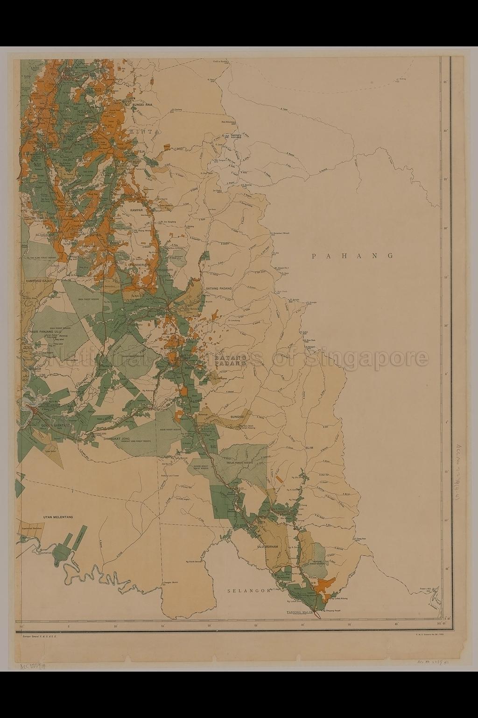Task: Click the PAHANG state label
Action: click(x=353, y=256)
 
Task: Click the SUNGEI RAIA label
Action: click(x=143, y=105)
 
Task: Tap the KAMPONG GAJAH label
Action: click(x=41, y=280)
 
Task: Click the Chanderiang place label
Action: click(x=141, y=265)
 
